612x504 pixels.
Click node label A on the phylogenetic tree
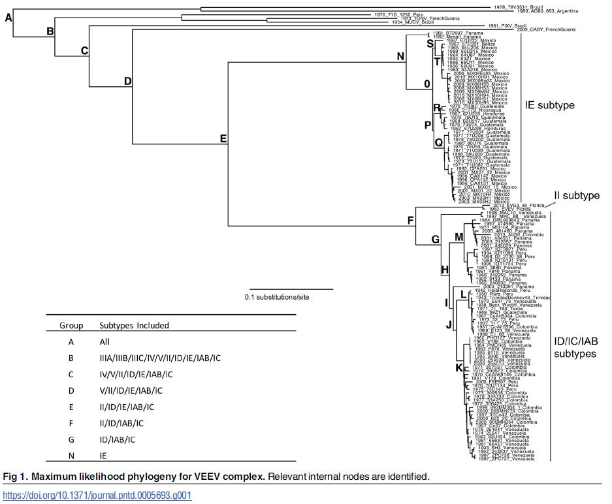pyautogui.click(x=8, y=18)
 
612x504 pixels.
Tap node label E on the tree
pyautogui.click(x=223, y=138)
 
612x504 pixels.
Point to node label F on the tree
pyautogui.click(x=411, y=219)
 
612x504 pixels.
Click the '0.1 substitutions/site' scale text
pyautogui.click(x=277, y=297)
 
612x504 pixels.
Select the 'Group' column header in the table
pyautogui.click(x=71, y=325)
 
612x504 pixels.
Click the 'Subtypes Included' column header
pyautogui.click(x=134, y=325)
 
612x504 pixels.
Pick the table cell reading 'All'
pyautogui.click(x=105, y=341)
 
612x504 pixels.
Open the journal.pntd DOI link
pyautogui.click(x=97, y=496)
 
